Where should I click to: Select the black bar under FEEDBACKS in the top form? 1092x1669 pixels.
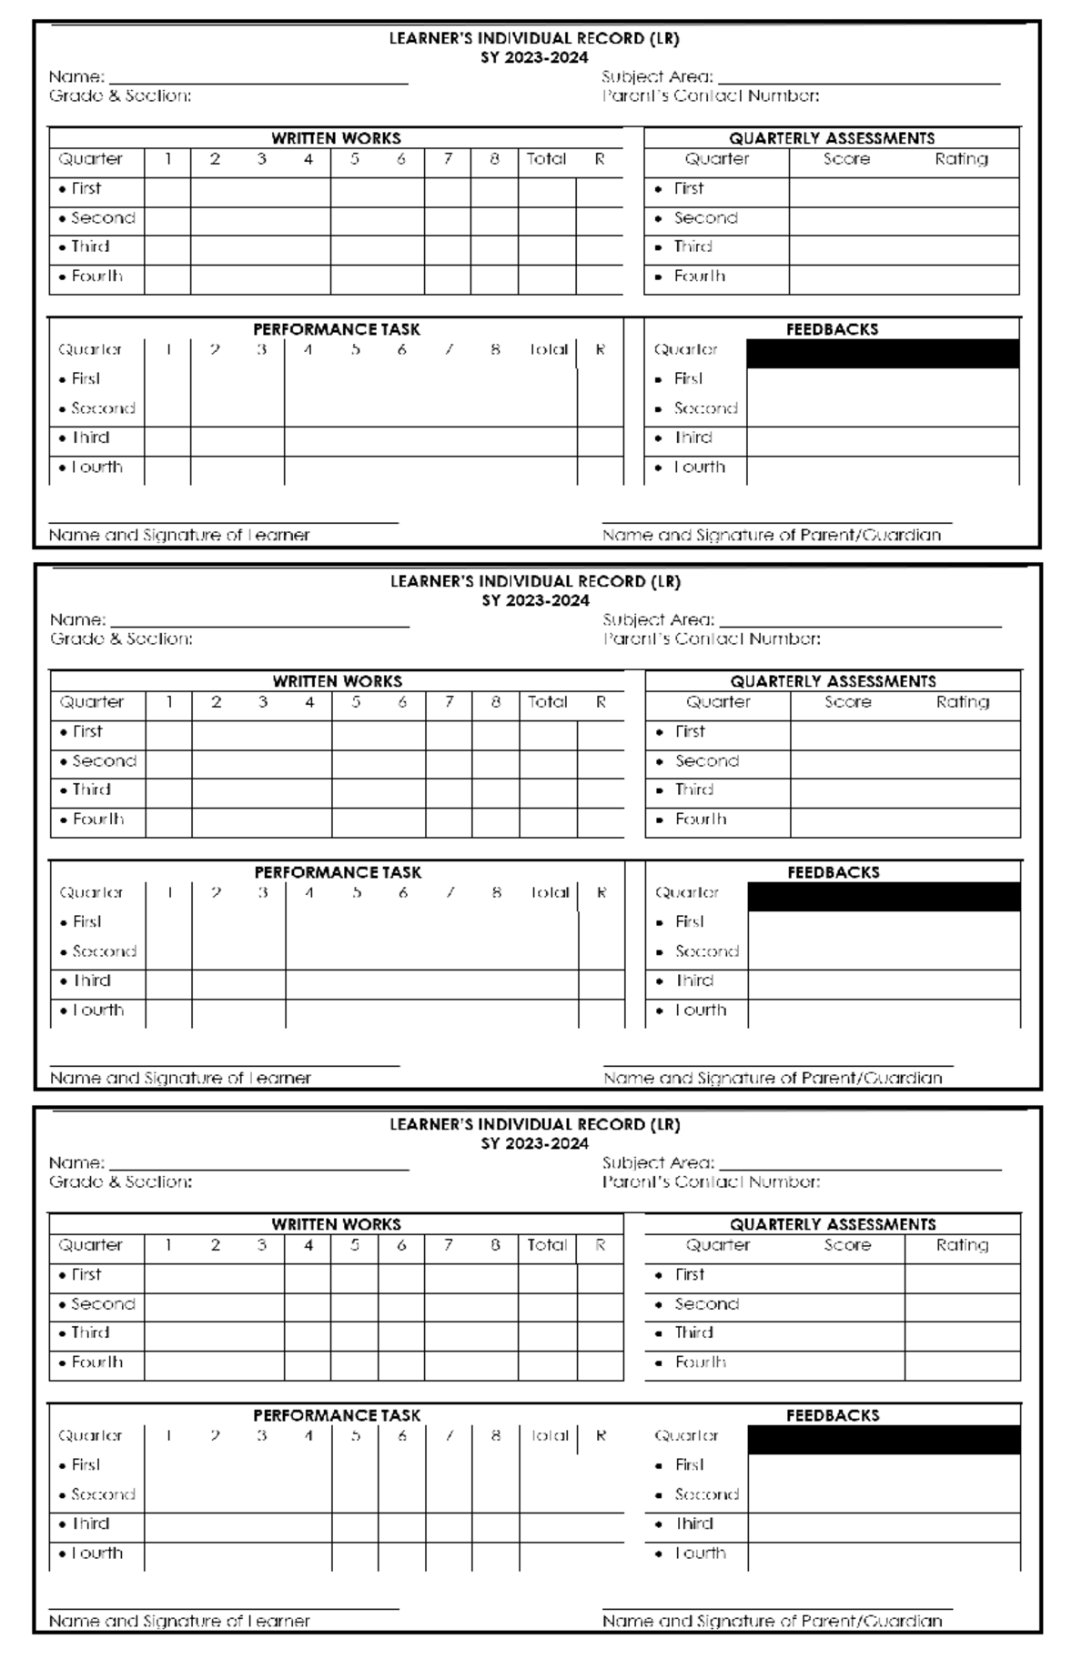tap(882, 354)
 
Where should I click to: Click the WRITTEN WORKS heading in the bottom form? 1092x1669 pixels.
tap(336, 1224)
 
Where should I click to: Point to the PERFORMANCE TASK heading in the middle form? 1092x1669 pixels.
tap(338, 872)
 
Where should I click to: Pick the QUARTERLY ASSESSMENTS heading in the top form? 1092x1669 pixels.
tap(832, 138)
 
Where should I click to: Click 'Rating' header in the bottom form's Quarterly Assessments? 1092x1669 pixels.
tap(962, 1245)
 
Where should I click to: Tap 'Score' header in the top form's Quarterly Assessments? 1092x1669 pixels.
tap(846, 159)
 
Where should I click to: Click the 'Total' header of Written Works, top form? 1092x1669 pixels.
tap(546, 159)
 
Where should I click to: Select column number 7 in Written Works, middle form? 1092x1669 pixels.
tap(449, 702)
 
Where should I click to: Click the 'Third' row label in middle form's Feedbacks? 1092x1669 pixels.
tap(694, 980)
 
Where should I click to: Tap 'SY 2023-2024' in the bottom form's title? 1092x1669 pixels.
tap(534, 1143)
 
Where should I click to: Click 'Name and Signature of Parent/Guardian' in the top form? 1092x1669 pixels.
tap(771, 536)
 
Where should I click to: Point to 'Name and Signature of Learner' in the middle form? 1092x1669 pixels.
tap(180, 1079)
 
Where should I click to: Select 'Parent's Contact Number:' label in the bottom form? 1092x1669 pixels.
tap(711, 1182)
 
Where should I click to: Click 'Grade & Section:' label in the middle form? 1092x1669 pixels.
tap(121, 639)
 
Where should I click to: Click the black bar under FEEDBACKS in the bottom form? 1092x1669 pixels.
tap(884, 1440)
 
